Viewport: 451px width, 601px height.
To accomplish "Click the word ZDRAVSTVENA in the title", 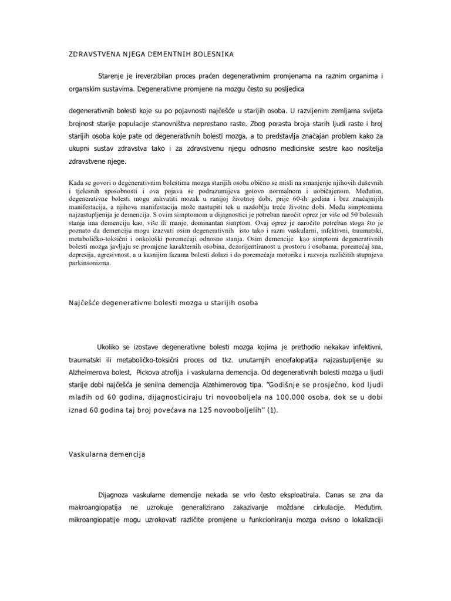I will (91, 55).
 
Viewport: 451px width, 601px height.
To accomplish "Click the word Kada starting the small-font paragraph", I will (78, 182).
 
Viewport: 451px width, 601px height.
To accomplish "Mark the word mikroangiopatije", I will (97, 521).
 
